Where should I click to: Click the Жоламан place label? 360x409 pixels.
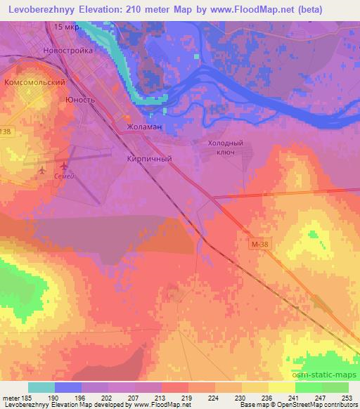pos(144,127)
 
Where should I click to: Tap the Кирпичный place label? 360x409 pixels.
pos(149,159)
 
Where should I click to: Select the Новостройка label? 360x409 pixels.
pos(67,51)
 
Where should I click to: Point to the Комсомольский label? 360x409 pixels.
pos(34,82)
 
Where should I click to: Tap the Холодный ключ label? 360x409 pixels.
pos(225,147)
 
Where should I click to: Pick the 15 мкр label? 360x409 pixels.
pos(65,27)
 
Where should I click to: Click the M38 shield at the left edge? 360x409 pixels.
pos(6,131)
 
